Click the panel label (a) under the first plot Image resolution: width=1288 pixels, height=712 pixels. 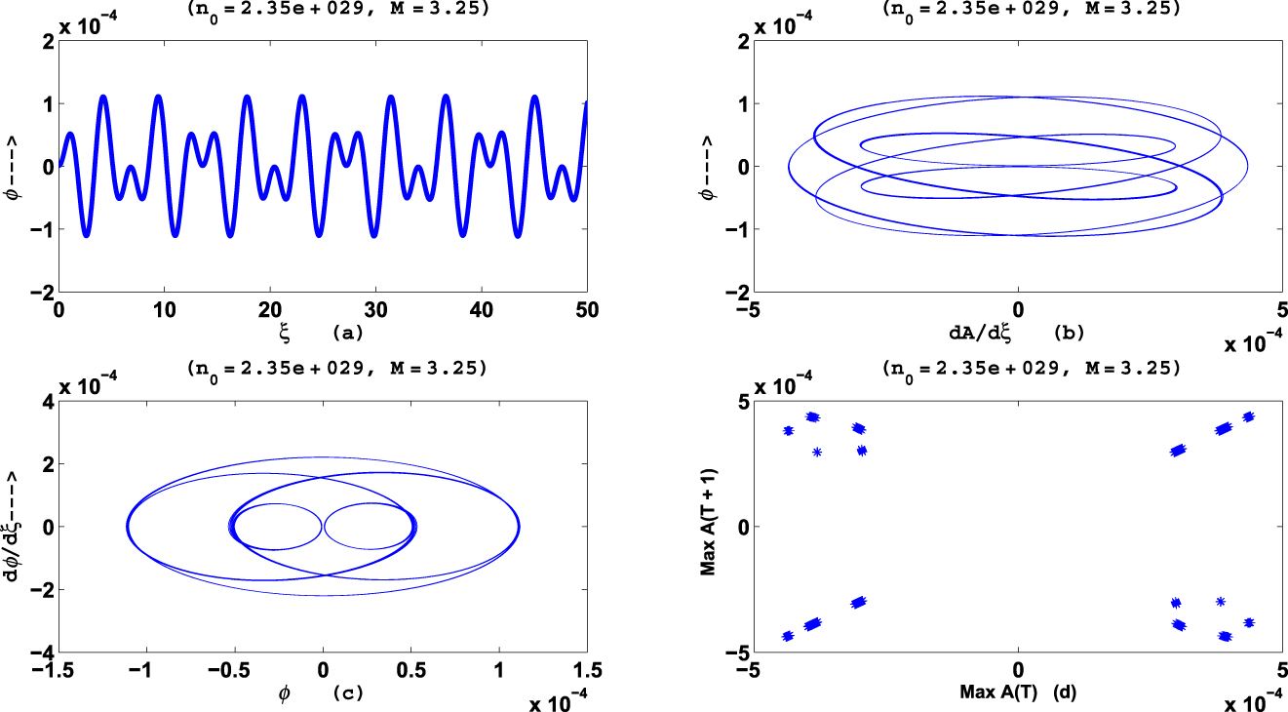click(347, 333)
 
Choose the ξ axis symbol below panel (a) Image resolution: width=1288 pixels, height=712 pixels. click(285, 332)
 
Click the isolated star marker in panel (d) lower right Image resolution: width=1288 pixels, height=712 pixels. click(1221, 602)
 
